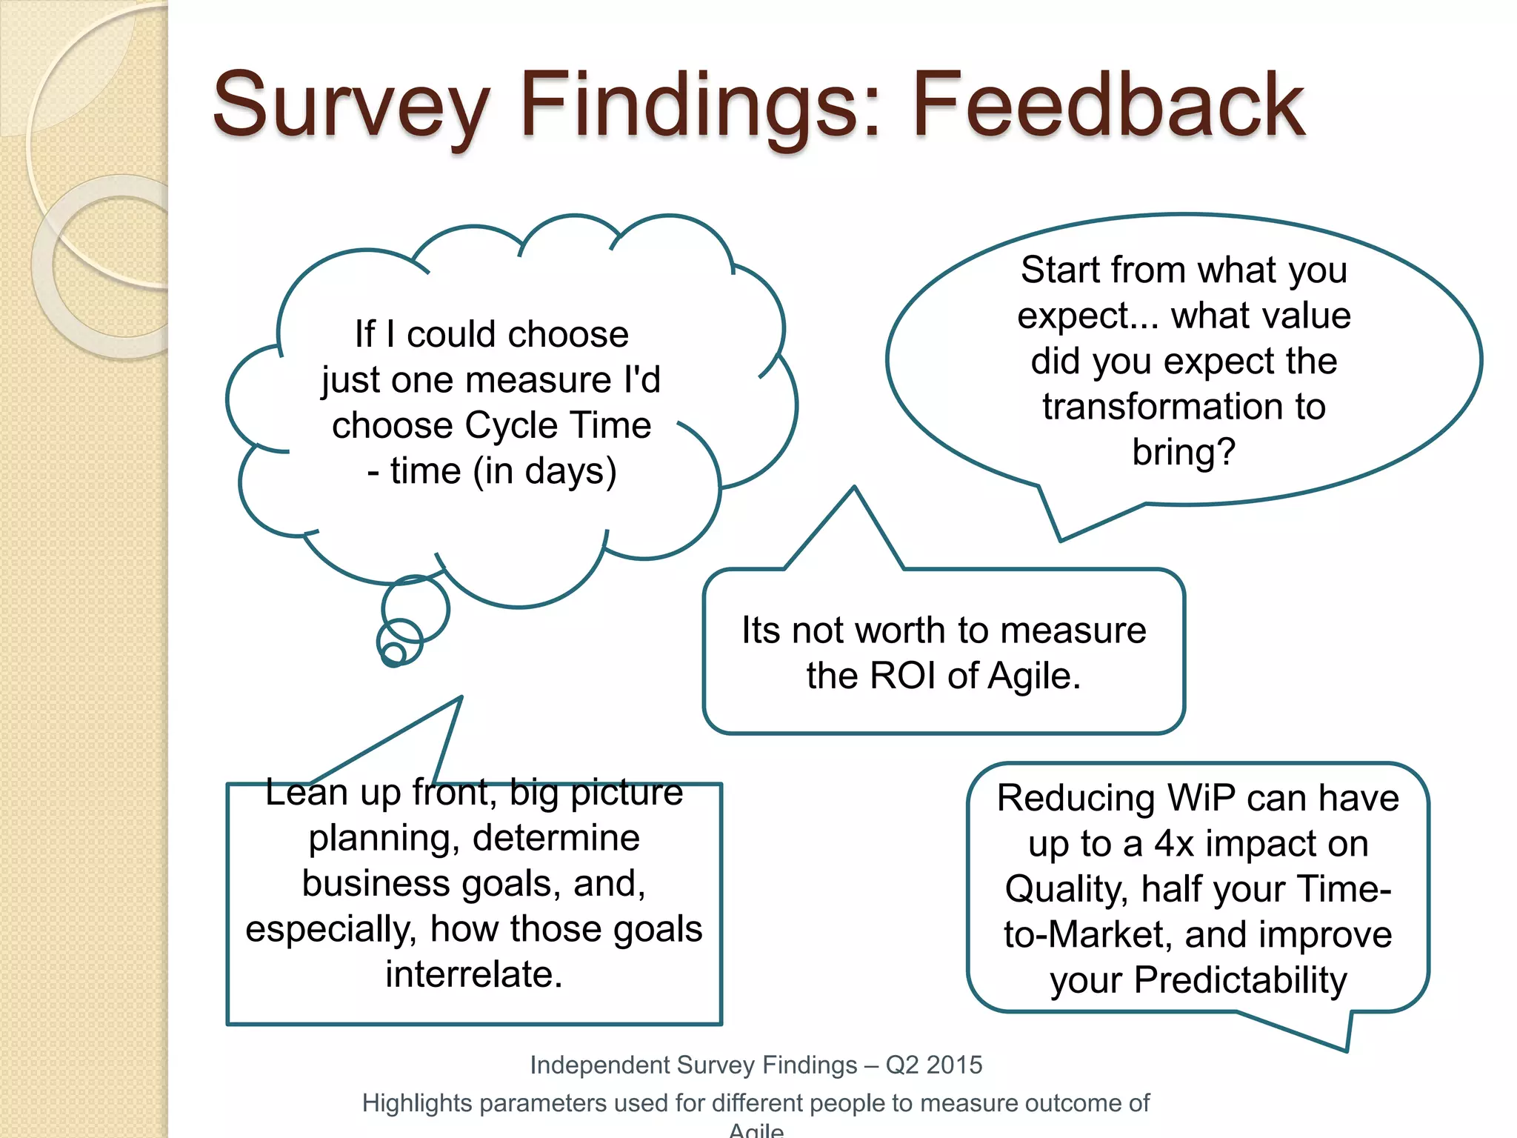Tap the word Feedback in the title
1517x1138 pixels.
click(x=1108, y=105)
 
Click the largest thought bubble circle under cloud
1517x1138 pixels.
click(x=416, y=609)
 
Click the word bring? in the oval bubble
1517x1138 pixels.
click(x=1183, y=453)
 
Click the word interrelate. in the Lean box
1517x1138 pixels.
click(x=474, y=974)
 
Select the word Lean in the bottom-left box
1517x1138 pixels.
click(x=306, y=793)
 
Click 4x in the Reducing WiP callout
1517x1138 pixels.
click(x=1174, y=844)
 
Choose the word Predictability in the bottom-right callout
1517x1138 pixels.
click(x=1241, y=980)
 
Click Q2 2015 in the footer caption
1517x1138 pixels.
click(x=933, y=1065)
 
